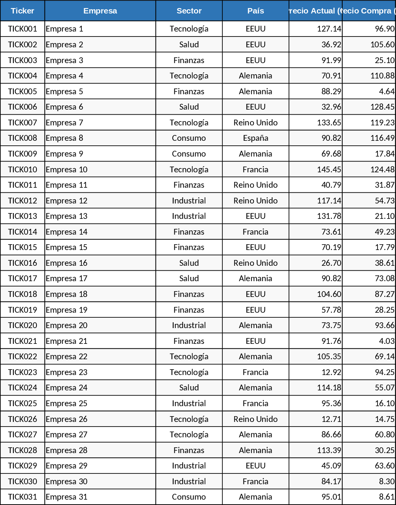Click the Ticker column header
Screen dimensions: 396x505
coord(23,11)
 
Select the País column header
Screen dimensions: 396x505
coord(255,11)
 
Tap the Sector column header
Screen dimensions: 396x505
coord(189,11)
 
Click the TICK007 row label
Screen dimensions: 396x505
coord(23,123)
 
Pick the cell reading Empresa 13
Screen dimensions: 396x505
coord(67,216)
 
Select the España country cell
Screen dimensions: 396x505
coord(255,138)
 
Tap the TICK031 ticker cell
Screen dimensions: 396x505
coord(23,497)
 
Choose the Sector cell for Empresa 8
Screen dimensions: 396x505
coord(189,138)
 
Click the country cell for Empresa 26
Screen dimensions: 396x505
coord(255,419)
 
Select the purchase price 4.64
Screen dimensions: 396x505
coord(386,92)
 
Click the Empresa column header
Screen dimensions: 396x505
coord(100,11)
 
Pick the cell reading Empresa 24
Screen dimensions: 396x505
coord(67,388)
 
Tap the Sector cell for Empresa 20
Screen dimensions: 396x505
coord(189,325)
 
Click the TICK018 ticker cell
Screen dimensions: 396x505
coord(23,294)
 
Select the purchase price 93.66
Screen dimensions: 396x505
coord(384,325)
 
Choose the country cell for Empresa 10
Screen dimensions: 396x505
coord(255,170)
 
